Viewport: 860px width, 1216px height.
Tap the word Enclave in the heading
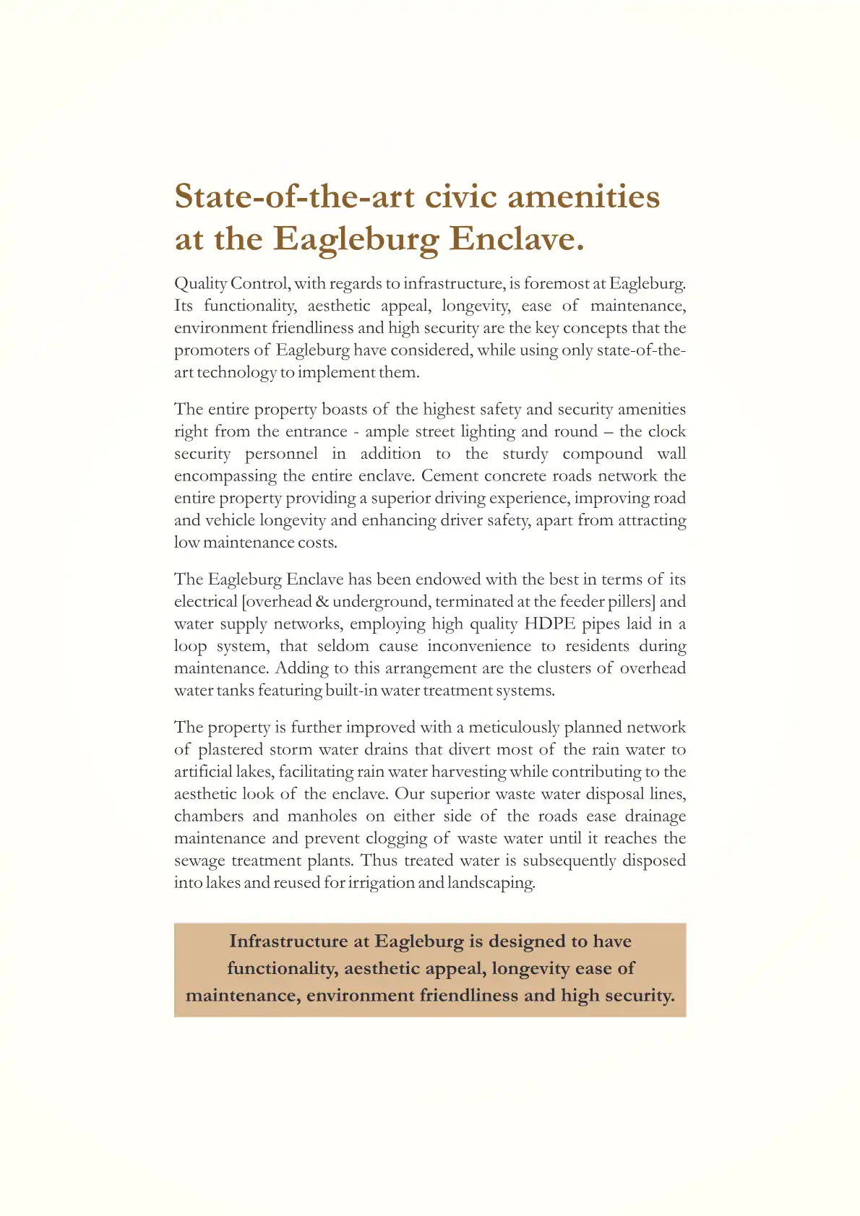point(517,239)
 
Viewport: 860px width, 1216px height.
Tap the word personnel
point(281,454)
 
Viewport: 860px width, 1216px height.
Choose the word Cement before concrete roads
point(450,476)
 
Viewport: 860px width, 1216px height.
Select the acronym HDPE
point(549,624)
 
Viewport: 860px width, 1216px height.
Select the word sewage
point(199,861)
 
